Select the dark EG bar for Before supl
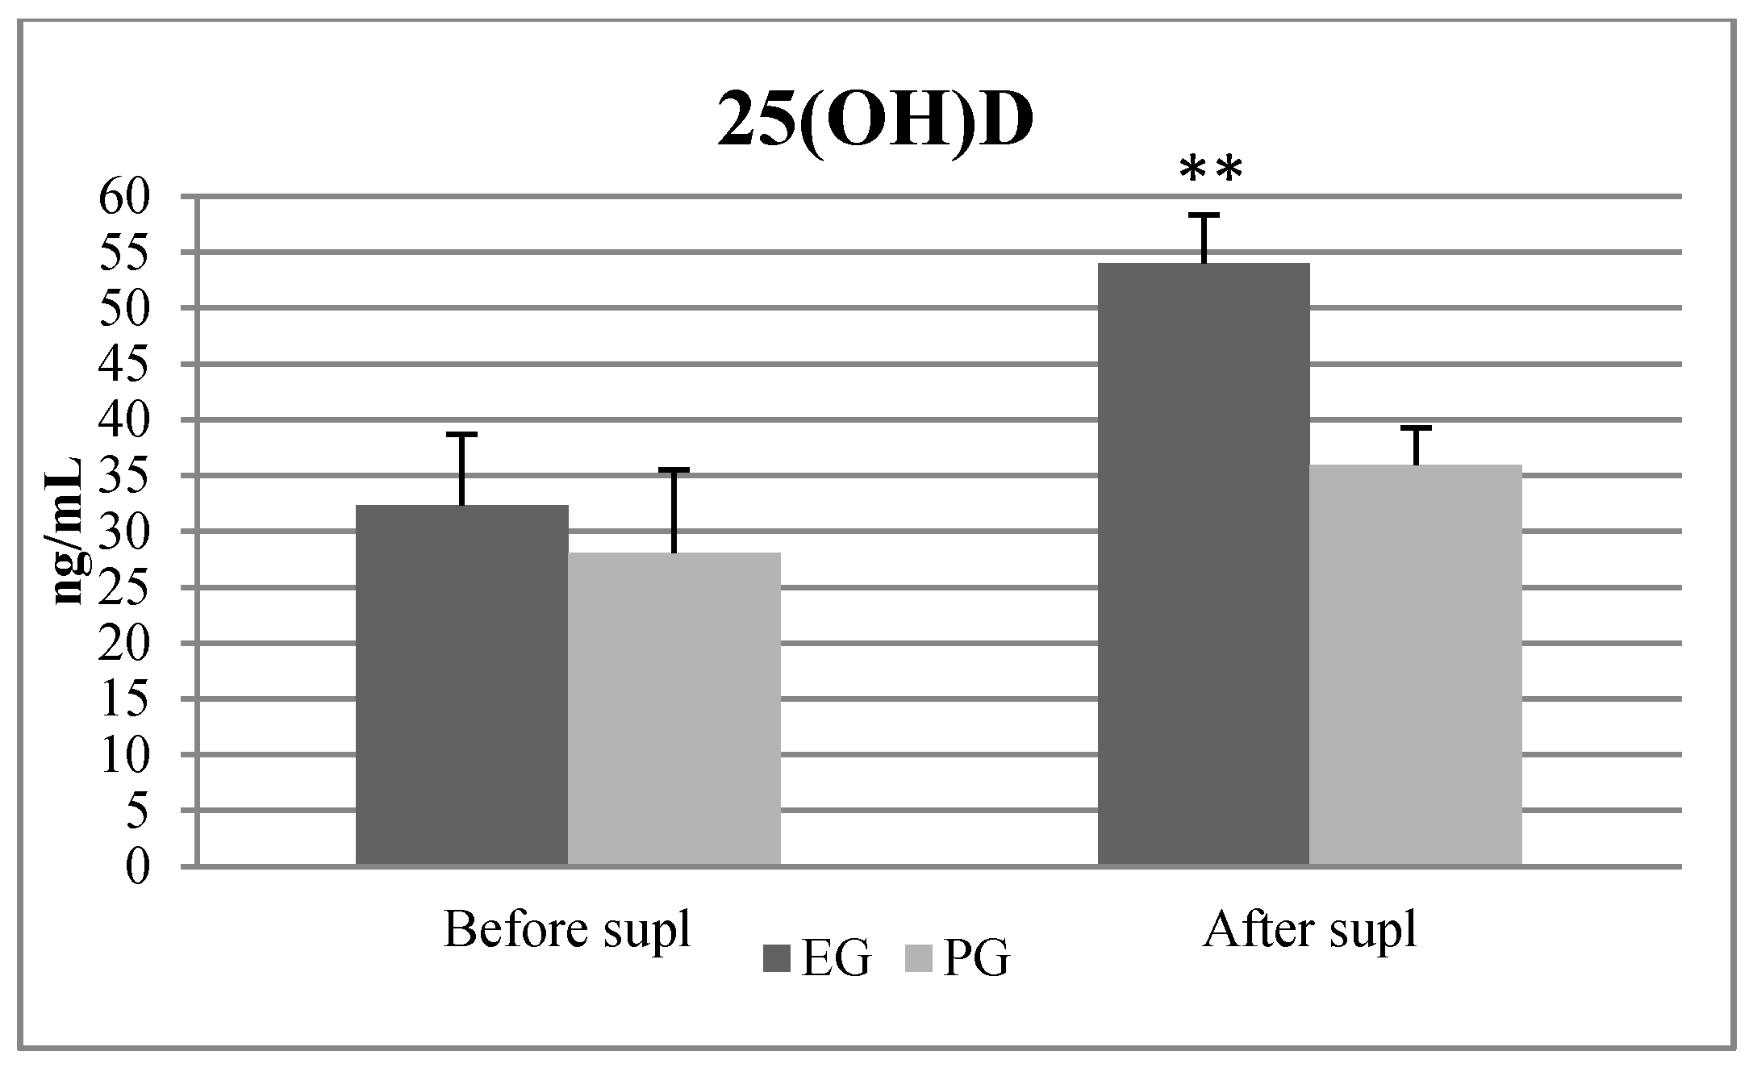click(462, 686)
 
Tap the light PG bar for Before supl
click(674, 710)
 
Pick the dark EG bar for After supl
click(1204, 565)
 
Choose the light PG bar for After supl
click(1416, 665)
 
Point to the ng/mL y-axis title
click(69, 532)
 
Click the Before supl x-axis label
click(568, 930)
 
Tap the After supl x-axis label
click(1309, 930)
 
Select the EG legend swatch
click(778, 959)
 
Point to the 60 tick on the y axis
click(125, 196)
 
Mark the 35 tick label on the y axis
click(125, 476)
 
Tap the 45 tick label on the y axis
click(125, 365)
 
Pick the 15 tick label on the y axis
click(125, 700)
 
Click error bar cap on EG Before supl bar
click(462, 434)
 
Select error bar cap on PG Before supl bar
click(674, 469)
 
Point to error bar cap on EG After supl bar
click(1204, 215)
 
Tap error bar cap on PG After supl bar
click(1416, 428)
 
